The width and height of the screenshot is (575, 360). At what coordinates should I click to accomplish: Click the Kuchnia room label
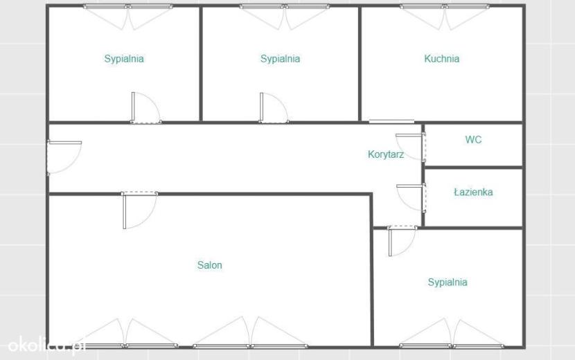pyautogui.click(x=441, y=59)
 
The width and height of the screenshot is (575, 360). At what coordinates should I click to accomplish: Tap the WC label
pyautogui.click(x=473, y=140)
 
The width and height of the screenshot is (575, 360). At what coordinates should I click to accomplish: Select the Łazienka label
pyautogui.click(x=473, y=192)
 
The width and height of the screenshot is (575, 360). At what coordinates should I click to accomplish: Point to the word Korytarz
pyautogui.click(x=386, y=154)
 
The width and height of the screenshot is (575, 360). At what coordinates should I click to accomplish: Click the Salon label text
pyautogui.click(x=209, y=265)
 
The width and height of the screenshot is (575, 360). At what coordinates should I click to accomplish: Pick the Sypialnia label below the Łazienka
pyautogui.click(x=448, y=282)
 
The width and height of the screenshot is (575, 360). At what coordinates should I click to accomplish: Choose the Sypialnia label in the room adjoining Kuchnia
pyautogui.click(x=280, y=59)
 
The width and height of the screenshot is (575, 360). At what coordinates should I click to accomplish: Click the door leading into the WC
pyautogui.click(x=411, y=147)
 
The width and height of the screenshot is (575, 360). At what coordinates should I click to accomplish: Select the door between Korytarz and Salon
pyautogui.click(x=139, y=210)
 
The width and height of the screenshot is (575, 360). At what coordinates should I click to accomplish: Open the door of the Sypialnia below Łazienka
pyautogui.click(x=402, y=241)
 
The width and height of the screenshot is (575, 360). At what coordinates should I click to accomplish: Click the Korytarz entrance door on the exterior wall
pyautogui.click(x=64, y=158)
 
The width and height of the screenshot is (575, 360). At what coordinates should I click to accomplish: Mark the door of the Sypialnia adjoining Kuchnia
pyautogui.click(x=274, y=107)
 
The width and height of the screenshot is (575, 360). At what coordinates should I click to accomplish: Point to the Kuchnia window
pyautogui.click(x=444, y=7)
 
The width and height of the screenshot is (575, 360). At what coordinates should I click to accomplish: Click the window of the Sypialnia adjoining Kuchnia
pyautogui.click(x=284, y=7)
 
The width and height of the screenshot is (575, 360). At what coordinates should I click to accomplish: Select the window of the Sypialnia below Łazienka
pyautogui.click(x=452, y=345)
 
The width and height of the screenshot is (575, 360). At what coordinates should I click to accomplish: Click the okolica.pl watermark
pyautogui.click(x=46, y=345)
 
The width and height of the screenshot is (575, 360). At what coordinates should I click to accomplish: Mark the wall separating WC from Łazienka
pyautogui.click(x=473, y=168)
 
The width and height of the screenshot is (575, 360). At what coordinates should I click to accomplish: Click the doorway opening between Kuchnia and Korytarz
pyautogui.click(x=391, y=121)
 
